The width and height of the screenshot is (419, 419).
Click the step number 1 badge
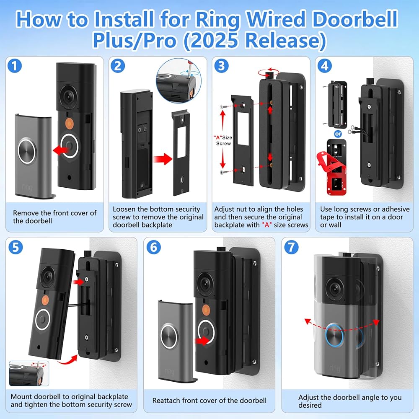(x=15, y=66)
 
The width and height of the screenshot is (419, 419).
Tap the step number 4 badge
(x=324, y=66)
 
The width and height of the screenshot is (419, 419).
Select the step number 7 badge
(x=291, y=247)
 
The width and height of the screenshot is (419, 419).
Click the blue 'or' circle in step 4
(x=338, y=134)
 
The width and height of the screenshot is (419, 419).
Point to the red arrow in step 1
(x=61, y=150)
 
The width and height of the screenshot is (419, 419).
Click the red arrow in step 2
(x=163, y=159)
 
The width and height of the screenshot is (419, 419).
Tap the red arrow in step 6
(x=202, y=341)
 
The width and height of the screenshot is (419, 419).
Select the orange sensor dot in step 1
(x=69, y=124)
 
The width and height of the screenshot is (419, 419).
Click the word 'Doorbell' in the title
(x=355, y=19)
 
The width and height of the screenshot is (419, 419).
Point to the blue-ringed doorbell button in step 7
(x=334, y=335)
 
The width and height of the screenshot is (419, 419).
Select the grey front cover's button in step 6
(x=169, y=336)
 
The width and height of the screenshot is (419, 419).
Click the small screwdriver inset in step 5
(x=29, y=373)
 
